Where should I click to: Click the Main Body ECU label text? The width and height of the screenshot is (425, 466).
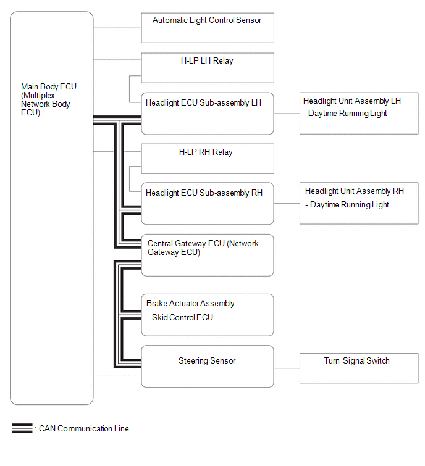[x=48, y=99]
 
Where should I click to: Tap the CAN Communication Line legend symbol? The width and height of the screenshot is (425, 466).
[x=22, y=428]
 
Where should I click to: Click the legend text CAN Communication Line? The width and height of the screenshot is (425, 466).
[x=84, y=428]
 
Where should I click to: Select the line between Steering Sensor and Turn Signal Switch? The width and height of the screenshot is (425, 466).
[x=287, y=368]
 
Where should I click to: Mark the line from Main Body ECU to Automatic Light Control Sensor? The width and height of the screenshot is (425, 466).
[x=117, y=28]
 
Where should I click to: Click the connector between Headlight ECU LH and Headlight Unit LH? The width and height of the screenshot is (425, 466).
[x=287, y=114]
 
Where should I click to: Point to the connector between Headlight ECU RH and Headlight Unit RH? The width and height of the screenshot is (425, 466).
[x=287, y=204]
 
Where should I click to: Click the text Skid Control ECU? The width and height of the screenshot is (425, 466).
[x=182, y=317]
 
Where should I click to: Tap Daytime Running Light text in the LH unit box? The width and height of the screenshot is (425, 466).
[x=348, y=113]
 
